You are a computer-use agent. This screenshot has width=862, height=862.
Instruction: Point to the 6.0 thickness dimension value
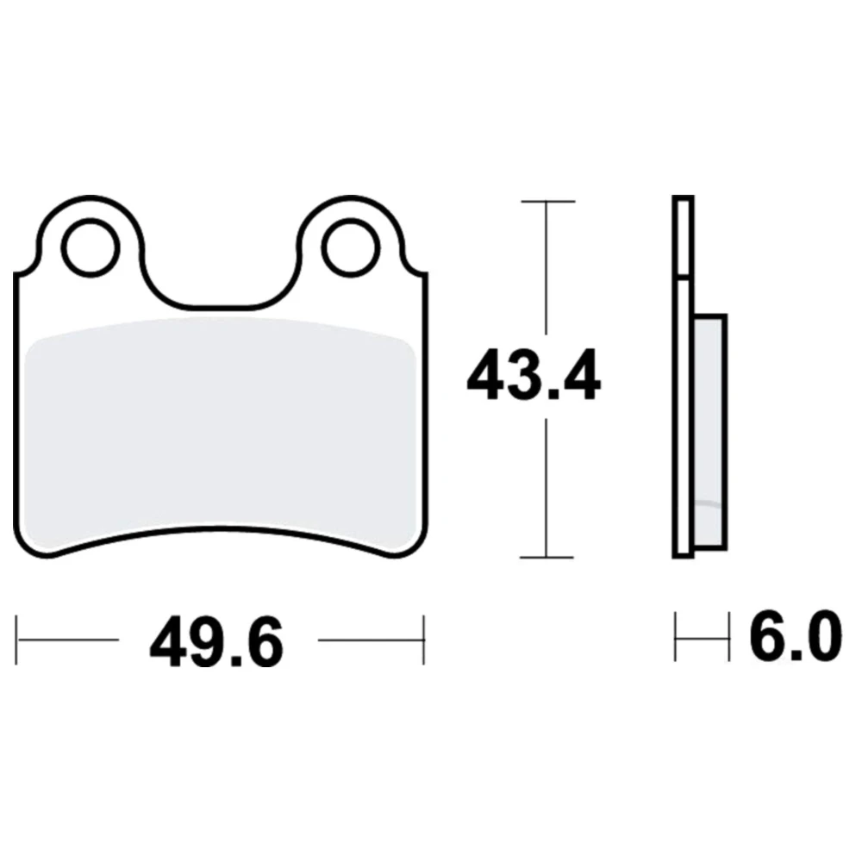(x=795, y=635)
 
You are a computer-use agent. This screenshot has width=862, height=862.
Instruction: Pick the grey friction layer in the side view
(x=709, y=434)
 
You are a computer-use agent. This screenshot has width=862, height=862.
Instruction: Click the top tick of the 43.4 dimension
(x=547, y=202)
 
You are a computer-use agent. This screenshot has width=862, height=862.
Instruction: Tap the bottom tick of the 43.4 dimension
(x=547, y=557)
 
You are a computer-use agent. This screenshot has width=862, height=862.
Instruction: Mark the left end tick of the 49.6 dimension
(x=16, y=640)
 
